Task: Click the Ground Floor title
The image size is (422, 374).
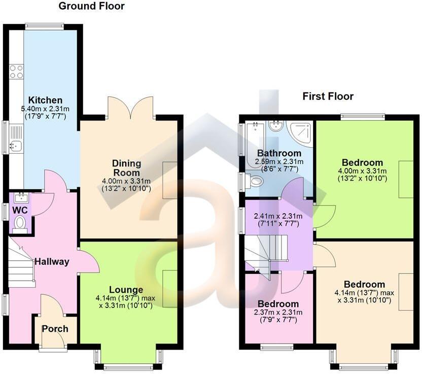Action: coord(91,7)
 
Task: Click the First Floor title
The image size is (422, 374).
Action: coord(328,96)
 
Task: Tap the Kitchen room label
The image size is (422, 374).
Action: coord(45,100)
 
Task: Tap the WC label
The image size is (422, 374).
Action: coord(20,210)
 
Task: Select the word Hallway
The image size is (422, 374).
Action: coord(51,262)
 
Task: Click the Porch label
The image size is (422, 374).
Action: coord(55,328)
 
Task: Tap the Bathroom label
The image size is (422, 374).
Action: coord(279,153)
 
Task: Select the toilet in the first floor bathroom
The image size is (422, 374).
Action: coord(255,181)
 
